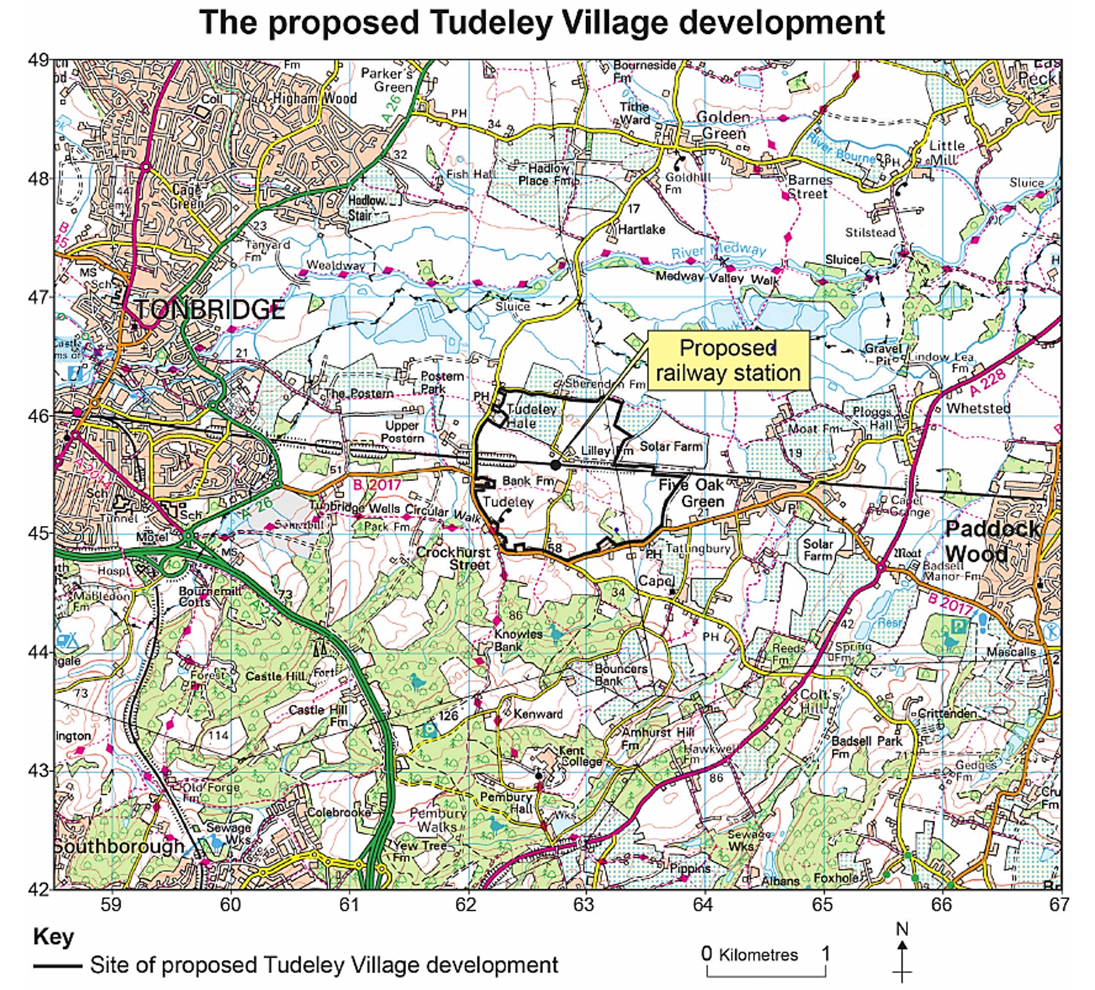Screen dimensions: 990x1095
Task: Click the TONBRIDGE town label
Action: [209, 309]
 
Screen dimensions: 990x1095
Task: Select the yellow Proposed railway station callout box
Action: [728, 360]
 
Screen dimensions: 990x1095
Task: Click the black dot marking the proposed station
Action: [555, 465]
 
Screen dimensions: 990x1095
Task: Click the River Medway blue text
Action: [718, 250]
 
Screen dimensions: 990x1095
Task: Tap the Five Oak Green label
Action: [692, 493]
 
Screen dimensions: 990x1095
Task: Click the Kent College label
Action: [580, 756]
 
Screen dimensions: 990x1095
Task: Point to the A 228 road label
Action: [989, 382]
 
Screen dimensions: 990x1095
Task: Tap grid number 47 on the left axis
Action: [39, 297]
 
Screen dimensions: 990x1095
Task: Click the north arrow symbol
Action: [902, 952]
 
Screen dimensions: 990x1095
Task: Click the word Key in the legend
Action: [53, 937]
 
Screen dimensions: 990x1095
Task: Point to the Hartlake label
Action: [641, 229]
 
